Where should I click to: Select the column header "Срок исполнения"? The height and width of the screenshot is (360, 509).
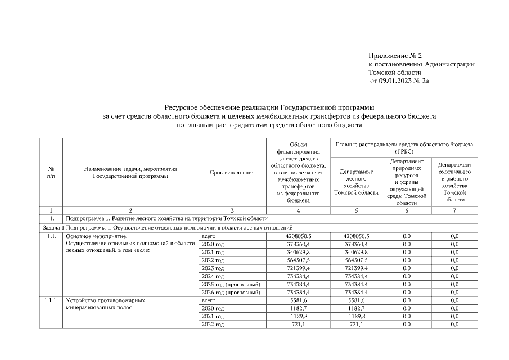coord(232,172)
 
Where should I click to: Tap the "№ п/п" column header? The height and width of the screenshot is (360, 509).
coord(51,172)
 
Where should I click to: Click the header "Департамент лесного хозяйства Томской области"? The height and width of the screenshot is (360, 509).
coord(356,182)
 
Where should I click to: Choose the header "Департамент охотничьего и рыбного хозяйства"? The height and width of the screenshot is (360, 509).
coord(454,182)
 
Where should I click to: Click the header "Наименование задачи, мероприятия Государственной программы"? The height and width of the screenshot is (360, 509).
coord(130,172)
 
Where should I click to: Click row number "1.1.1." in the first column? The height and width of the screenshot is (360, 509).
coord(51,300)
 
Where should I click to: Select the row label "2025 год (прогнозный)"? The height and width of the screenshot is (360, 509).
coord(230,284)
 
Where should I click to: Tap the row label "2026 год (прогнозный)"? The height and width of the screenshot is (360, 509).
coord(230,292)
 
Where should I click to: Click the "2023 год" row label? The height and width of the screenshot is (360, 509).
coord(213,268)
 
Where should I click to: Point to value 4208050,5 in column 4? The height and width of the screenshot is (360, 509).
coord(298,236)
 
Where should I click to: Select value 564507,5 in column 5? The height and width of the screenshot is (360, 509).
coord(356,260)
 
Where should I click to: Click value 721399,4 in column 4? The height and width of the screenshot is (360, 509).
coord(298,268)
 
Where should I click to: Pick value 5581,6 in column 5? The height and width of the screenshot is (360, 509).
coord(356,300)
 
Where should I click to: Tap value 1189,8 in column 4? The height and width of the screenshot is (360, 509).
coord(298,317)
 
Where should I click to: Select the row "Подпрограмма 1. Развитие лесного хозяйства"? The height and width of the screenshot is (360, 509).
coord(166,218)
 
